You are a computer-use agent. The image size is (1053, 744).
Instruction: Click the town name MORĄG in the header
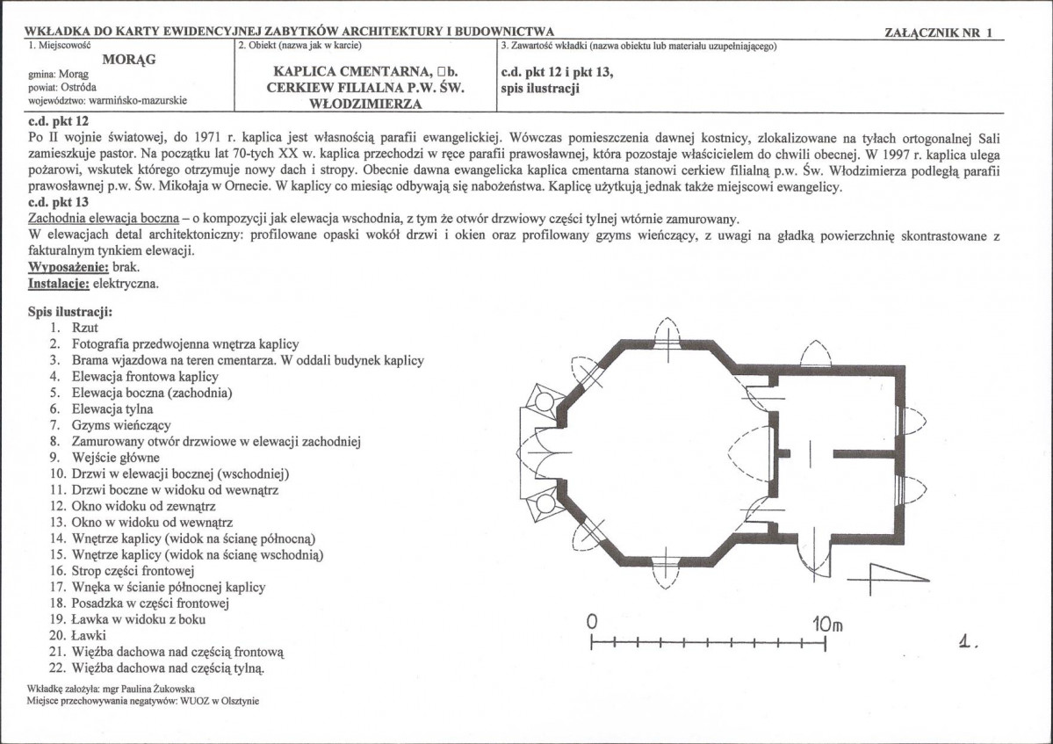(124, 59)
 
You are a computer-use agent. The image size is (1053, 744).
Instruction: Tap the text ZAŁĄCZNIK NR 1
(941, 33)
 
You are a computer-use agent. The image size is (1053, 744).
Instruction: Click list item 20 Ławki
(90, 635)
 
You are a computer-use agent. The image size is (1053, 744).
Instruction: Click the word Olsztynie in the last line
(238, 701)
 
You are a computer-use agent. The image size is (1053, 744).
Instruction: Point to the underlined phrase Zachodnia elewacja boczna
(104, 219)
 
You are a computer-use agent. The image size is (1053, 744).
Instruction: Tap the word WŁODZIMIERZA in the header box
(364, 104)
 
